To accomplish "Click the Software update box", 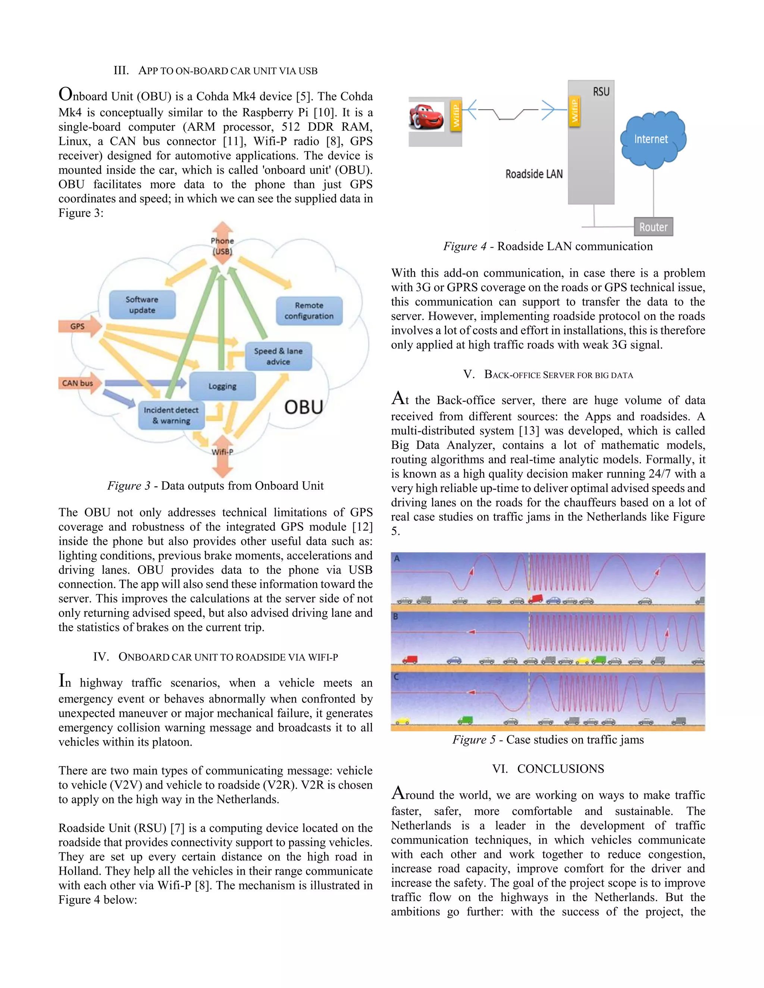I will pos(142,305).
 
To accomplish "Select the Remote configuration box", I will pos(309,311).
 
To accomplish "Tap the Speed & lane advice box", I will pos(278,356).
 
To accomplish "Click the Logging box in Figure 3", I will pos(222,386).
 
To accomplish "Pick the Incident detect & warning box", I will pos(171,415).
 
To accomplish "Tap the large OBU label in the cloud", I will pos(304,407).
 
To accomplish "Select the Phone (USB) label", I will pos(222,246).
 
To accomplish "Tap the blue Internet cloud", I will pos(652,139).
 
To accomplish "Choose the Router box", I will pos(653,227).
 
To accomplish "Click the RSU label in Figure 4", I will pos(601,92).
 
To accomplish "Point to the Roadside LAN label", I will pos(534,174).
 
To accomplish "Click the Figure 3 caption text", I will pos(216,486).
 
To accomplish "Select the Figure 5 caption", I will pos(548,740).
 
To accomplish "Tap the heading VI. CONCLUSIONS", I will pos(548,769).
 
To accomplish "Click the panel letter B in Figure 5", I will pos(395,617).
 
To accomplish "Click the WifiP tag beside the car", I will pos(456,115).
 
